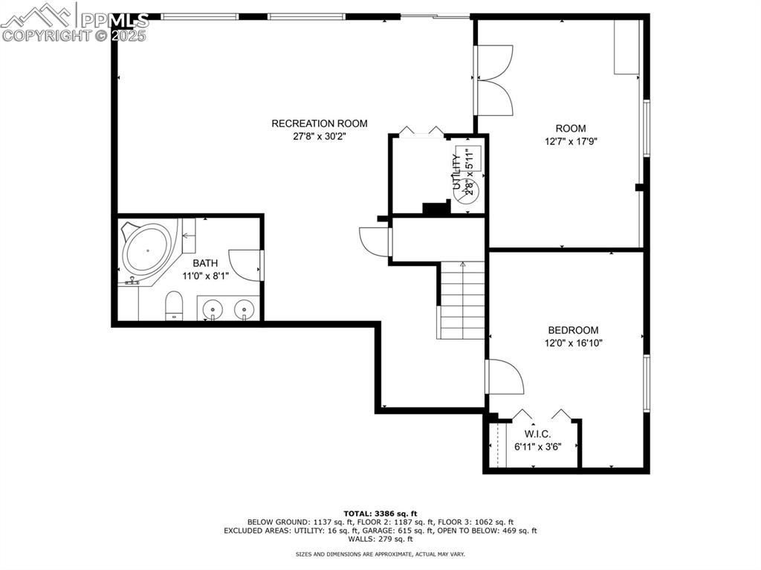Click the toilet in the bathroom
(174, 305)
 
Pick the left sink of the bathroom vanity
(213, 308)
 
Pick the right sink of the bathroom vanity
(244, 308)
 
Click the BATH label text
(206, 263)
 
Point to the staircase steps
(462, 301)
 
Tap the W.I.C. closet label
(537, 434)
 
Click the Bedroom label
(573, 330)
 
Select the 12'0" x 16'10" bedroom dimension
(573, 343)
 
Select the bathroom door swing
(246, 265)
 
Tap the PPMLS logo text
(111, 20)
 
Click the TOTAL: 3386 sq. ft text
(380, 514)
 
